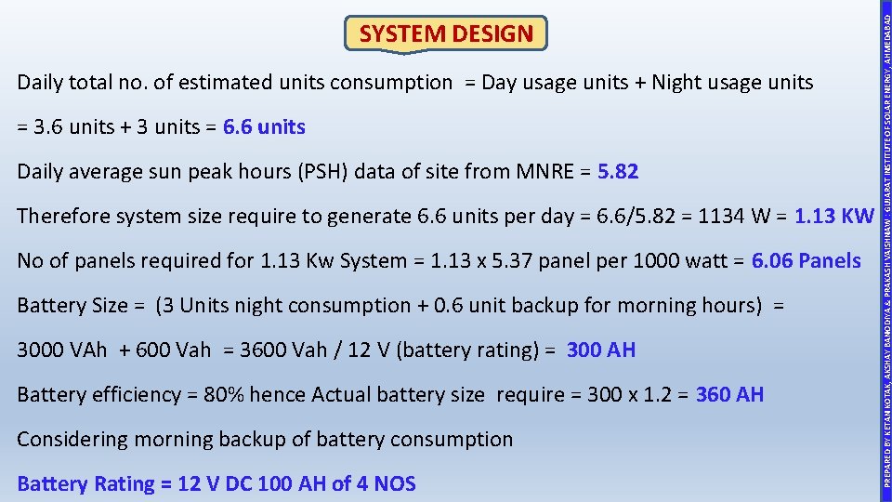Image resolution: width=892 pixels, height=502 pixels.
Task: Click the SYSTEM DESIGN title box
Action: coord(446,34)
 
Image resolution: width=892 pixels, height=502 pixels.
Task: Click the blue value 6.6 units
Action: coord(264,126)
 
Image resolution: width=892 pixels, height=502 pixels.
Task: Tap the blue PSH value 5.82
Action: coord(618,171)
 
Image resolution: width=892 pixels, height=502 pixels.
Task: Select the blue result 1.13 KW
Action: coord(834,216)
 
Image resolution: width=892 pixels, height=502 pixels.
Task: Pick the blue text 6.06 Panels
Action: coord(806,260)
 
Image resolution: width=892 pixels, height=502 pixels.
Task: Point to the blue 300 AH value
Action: coord(601,350)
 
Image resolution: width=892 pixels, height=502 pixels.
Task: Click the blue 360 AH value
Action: coord(729,394)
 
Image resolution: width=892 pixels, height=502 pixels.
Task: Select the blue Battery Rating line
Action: coord(216,483)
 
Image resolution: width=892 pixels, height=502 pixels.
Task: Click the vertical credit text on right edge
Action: coord(887,251)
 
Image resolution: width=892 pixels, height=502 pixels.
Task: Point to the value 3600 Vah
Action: coord(280,350)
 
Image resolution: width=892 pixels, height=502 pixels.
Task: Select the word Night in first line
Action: coord(676,82)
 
